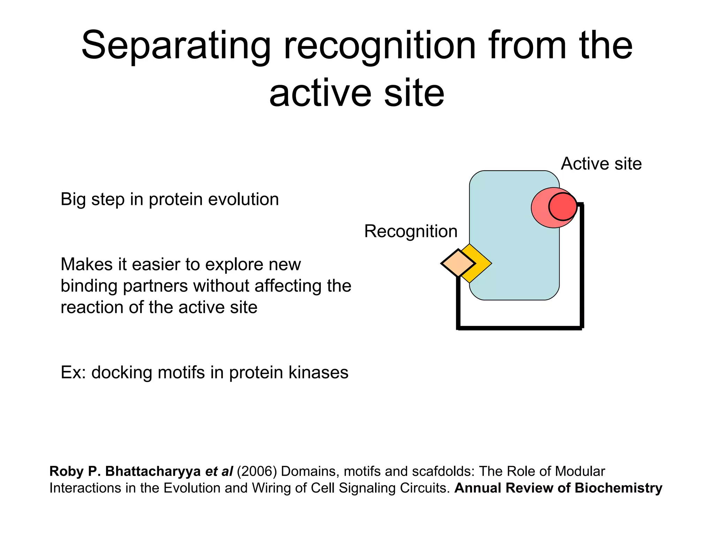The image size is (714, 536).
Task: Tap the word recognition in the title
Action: (379, 46)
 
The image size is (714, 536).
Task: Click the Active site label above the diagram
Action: (601, 164)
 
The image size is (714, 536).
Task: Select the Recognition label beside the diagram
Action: (410, 231)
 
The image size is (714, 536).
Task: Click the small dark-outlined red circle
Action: (563, 207)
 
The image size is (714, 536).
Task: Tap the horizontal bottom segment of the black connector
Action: (519, 328)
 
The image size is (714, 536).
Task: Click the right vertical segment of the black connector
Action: (582, 265)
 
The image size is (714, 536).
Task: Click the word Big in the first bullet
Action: (73, 200)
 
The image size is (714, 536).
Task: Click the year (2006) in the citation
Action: (257, 471)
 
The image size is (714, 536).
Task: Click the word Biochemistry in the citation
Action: (618, 488)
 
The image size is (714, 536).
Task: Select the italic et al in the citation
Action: (219, 471)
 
